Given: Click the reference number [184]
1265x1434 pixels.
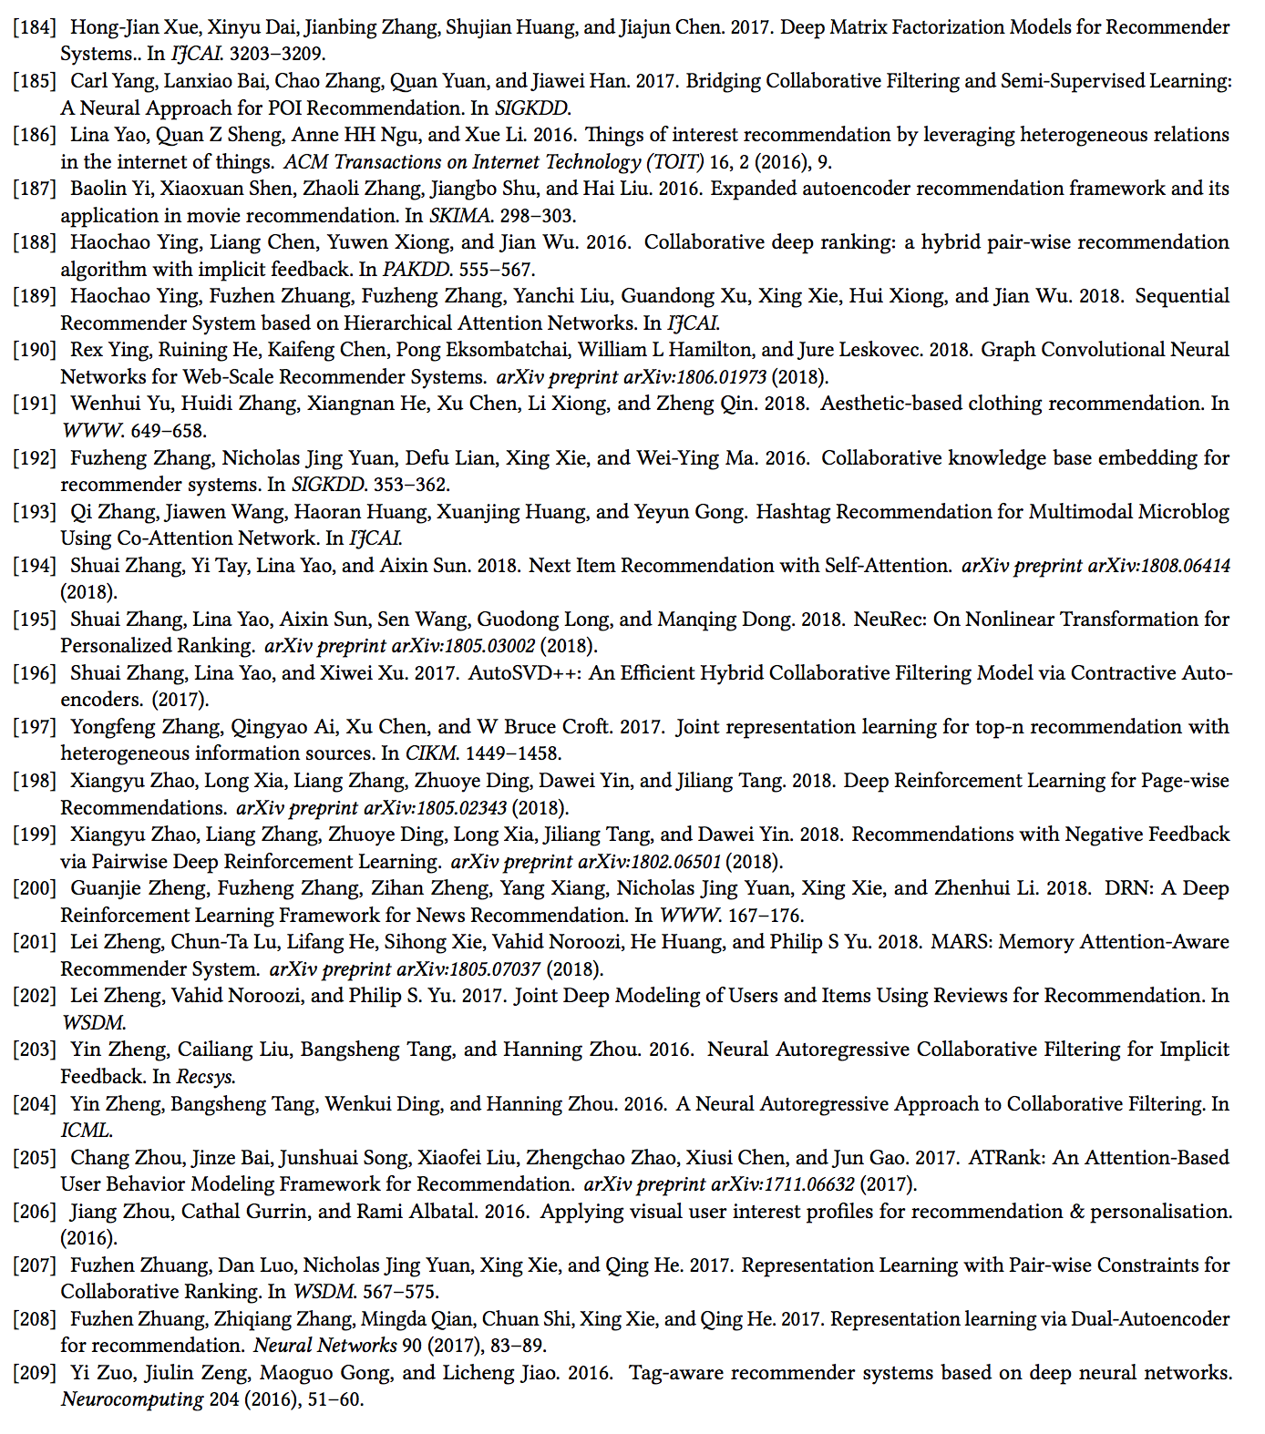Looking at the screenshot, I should pos(35,27).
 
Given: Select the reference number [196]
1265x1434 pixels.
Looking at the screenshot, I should pos(35,673).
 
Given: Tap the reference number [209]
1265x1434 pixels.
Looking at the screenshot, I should pos(35,1373).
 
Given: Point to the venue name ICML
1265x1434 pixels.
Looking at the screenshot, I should pos(86,1131).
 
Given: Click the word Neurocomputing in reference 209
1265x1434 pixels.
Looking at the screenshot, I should pos(132,1399).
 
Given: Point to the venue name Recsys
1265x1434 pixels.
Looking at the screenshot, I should pos(205,1077).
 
